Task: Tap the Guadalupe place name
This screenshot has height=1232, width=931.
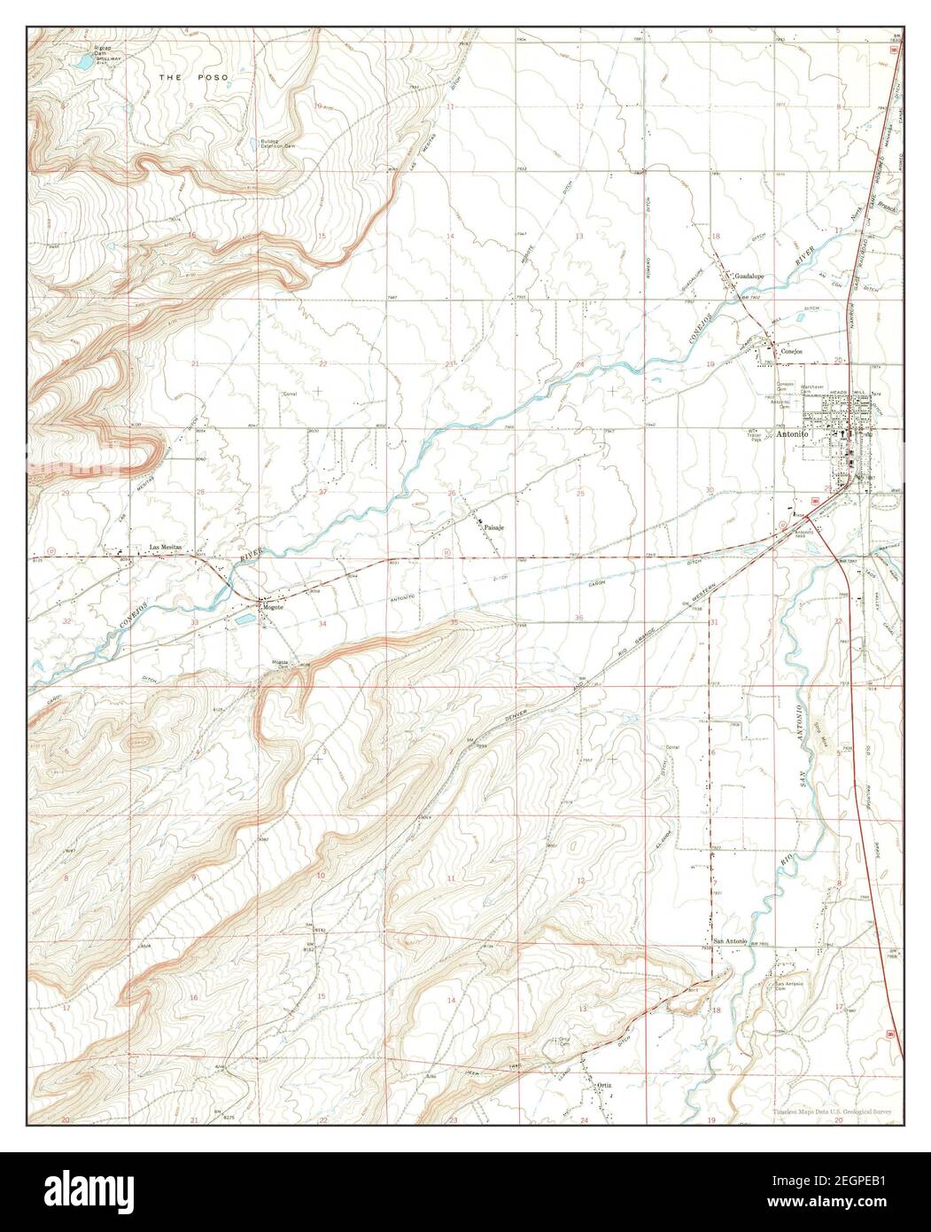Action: (x=750, y=276)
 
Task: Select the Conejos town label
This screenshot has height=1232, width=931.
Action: (x=791, y=352)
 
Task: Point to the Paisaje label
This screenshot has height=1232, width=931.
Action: (x=494, y=527)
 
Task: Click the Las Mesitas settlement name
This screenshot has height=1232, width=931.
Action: (x=165, y=548)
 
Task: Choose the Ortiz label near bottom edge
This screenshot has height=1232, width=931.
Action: (x=605, y=1084)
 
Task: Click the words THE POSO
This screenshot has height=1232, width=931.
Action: (x=194, y=78)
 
